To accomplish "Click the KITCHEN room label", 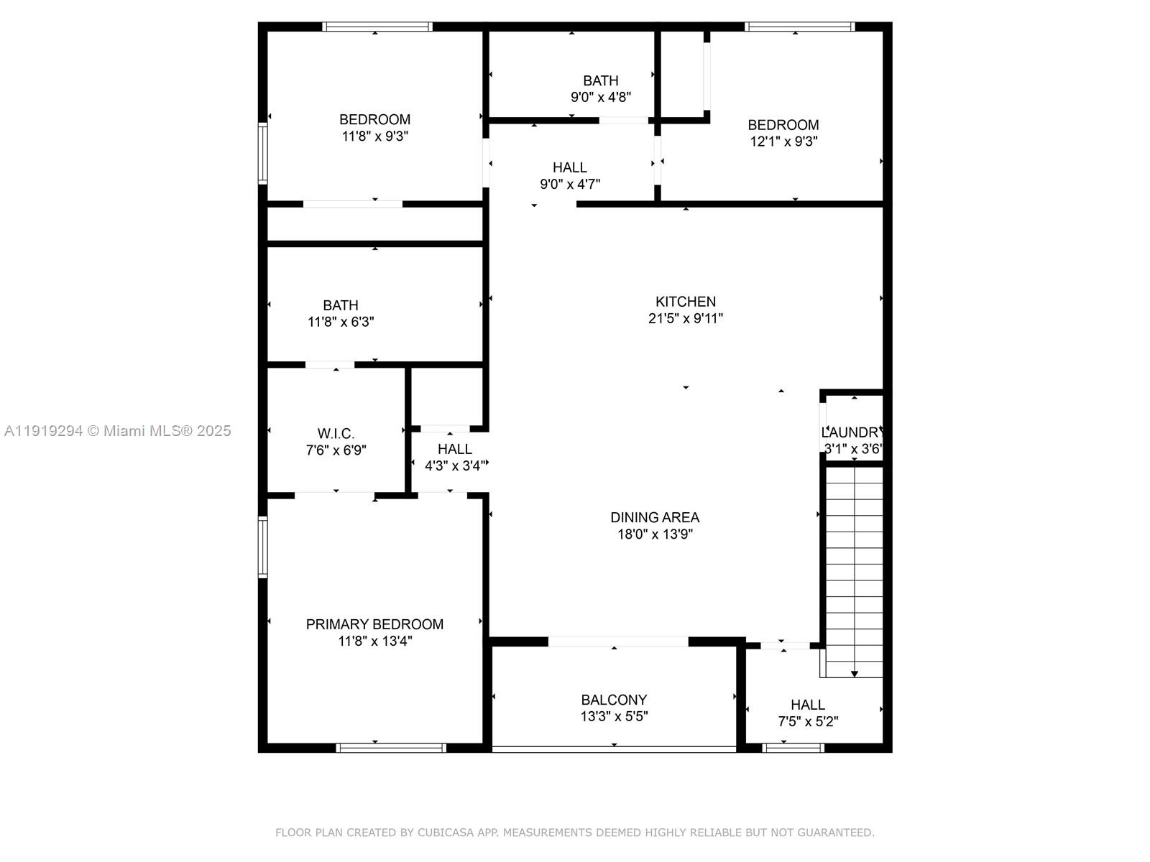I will tap(685, 302).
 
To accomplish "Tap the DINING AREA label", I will tap(654, 517).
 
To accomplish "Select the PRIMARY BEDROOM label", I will tap(374, 624).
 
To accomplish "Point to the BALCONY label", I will tap(614, 700).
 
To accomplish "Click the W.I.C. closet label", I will tap(336, 434).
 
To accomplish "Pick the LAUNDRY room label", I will tap(851, 432).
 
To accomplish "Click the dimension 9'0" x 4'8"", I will tap(601, 96).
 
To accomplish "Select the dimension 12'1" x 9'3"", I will tap(783, 142).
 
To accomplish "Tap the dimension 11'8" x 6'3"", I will tap(341, 322).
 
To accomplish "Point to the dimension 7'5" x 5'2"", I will tap(808, 721).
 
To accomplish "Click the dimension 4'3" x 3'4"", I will tap(454, 465).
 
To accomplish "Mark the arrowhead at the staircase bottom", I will tap(855, 674).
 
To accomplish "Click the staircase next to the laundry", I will tap(854, 567).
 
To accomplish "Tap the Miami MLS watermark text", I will tap(117, 430).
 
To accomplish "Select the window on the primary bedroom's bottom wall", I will tap(391, 748).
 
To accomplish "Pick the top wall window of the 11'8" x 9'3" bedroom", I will tap(377, 27).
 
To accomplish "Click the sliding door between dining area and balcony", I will tap(618, 641).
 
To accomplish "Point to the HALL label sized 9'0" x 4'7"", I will tap(569, 167).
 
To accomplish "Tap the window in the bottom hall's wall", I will tap(793, 748).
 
